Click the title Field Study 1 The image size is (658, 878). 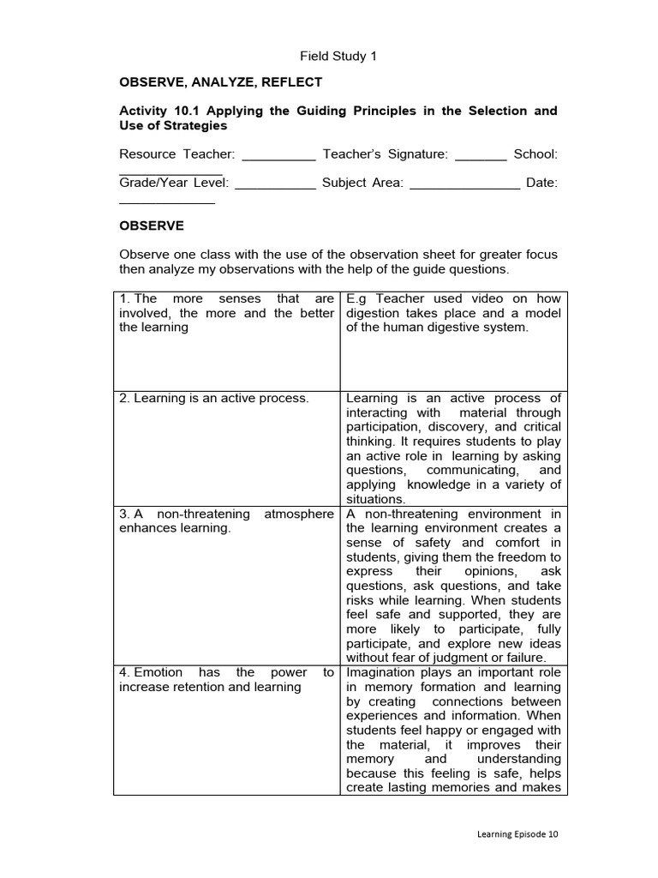338,57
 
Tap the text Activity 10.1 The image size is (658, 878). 159,111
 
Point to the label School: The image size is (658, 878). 535,154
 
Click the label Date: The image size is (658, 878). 542,183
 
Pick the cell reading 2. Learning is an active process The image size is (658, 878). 214,399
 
